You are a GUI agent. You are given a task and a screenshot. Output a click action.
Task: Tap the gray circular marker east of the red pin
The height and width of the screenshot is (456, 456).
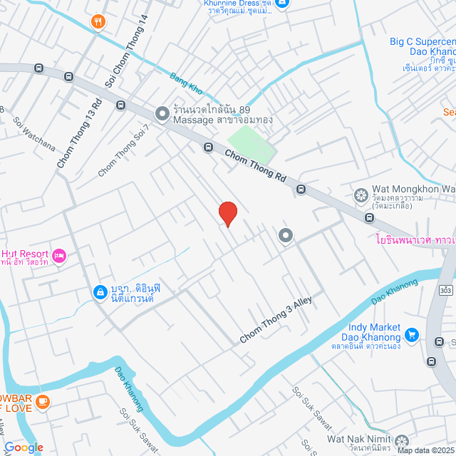point(286,235)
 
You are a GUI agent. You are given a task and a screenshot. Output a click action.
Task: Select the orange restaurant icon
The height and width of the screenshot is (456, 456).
point(98,23)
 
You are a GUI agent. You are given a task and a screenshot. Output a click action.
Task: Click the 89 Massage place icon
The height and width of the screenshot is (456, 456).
point(162,113)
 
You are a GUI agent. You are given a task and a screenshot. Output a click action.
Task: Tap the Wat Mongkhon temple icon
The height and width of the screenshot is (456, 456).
point(361,195)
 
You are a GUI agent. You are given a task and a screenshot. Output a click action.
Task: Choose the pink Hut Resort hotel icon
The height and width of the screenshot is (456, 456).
point(59,254)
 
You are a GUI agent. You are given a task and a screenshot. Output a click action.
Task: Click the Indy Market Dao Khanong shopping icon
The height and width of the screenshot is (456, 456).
point(411,333)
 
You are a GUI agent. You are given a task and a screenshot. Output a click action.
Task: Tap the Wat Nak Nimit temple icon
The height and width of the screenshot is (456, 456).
point(403,441)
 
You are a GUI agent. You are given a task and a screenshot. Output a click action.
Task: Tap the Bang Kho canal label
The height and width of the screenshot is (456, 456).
point(186,85)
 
